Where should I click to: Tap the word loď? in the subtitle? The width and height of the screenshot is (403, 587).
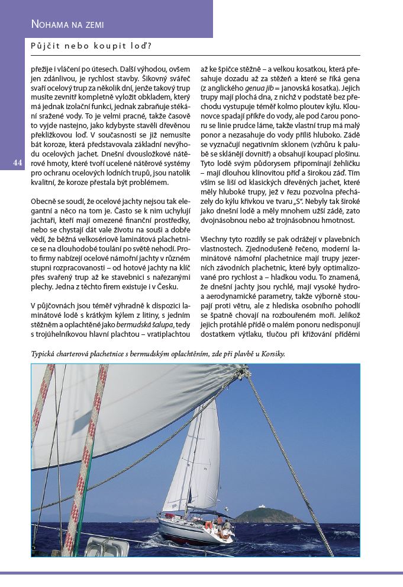coord(140,46)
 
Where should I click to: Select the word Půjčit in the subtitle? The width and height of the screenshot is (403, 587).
coord(46,46)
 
